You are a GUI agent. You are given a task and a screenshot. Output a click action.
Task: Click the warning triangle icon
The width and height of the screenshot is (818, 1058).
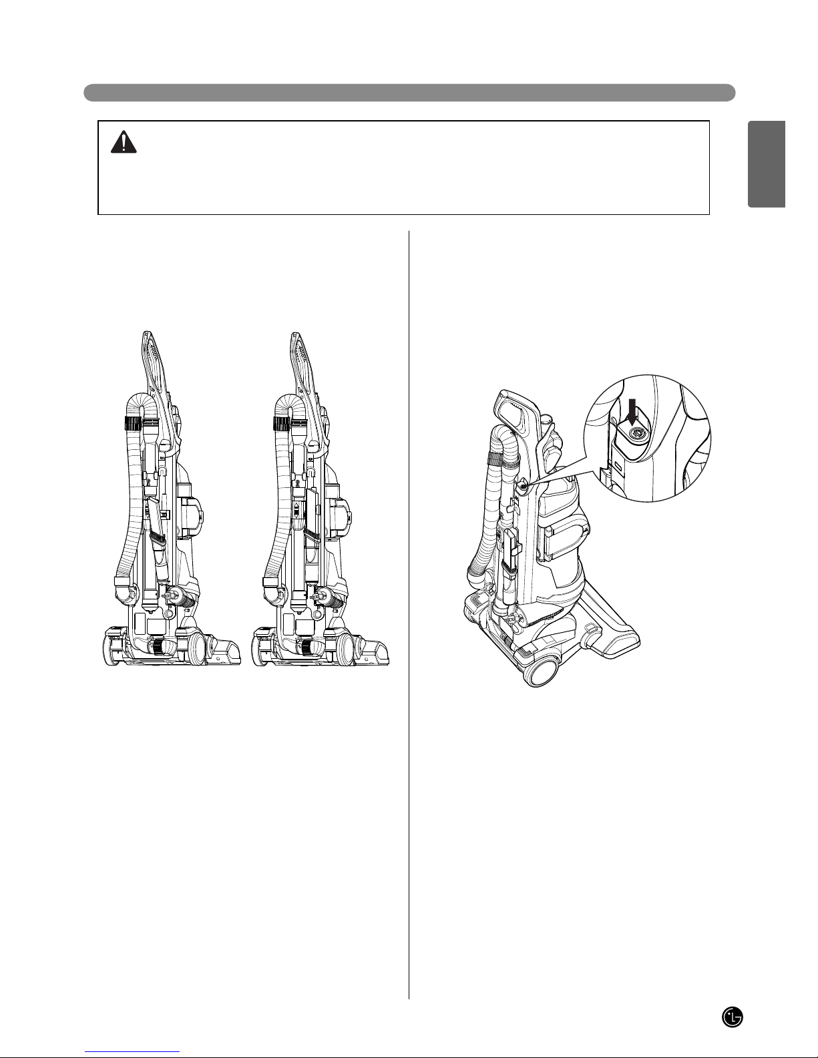pyautogui.click(x=124, y=142)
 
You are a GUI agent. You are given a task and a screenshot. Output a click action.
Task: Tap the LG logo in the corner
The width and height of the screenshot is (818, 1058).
pyautogui.click(x=733, y=1017)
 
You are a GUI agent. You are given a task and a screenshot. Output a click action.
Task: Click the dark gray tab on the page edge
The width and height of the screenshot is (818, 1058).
pyautogui.click(x=767, y=164)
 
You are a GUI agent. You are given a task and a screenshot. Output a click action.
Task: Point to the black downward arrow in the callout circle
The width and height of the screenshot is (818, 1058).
pyautogui.click(x=632, y=412)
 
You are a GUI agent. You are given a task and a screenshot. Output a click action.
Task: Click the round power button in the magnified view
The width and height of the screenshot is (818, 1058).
pyautogui.click(x=636, y=434)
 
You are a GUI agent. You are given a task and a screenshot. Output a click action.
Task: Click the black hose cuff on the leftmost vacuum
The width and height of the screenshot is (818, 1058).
pyautogui.click(x=132, y=423)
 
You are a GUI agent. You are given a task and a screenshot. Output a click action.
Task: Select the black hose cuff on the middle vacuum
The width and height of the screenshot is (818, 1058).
pyautogui.click(x=281, y=423)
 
